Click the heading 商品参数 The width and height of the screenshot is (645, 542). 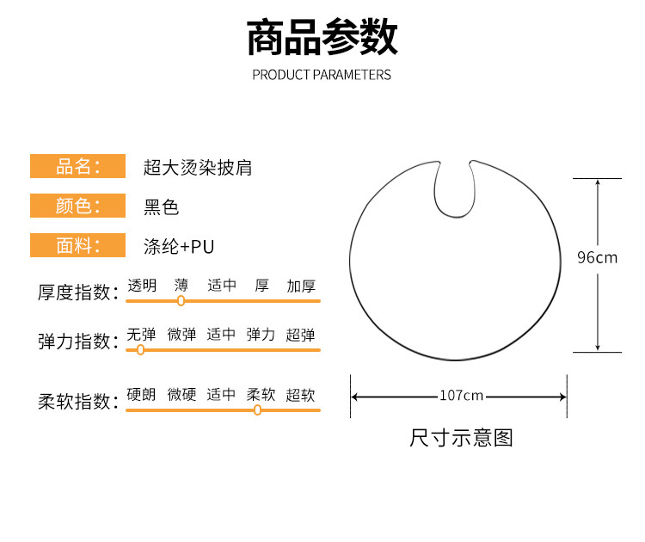(322, 39)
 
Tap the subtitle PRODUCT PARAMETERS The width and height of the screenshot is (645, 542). (322, 75)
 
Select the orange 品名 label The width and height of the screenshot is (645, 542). (78, 166)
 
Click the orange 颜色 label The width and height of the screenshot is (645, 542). (78, 206)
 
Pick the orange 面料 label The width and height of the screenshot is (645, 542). (78, 246)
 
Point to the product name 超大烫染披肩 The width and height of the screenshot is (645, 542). (197, 167)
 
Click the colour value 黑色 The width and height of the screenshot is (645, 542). (162, 207)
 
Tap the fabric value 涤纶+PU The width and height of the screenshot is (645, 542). (178, 247)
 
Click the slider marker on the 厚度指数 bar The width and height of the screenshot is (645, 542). (181, 301)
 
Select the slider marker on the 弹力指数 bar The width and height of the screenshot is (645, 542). (141, 350)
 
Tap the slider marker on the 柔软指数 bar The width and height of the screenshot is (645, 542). (257, 410)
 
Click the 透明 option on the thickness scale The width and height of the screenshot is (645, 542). (142, 285)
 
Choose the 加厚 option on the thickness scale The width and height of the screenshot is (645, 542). (301, 285)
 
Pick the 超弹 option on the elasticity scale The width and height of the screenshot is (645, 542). (301, 335)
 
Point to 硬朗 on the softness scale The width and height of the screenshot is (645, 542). (142, 395)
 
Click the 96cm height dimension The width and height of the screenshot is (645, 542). (597, 257)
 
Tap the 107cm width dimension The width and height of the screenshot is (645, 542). (461, 396)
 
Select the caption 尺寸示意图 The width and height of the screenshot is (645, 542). (461, 438)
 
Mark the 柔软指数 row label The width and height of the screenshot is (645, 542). (77, 402)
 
